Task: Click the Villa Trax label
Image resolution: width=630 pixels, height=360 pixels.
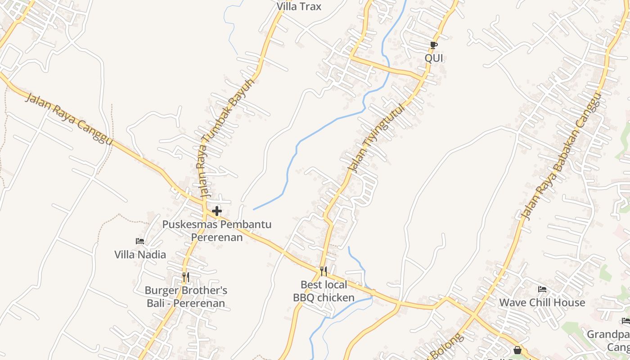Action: click(299, 6)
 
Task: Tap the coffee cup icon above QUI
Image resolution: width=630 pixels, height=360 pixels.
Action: click(433, 45)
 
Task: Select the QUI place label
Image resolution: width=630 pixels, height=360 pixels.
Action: click(434, 58)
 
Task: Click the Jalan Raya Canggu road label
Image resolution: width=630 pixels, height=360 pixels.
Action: click(68, 119)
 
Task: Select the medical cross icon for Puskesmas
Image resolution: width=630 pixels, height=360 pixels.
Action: click(217, 211)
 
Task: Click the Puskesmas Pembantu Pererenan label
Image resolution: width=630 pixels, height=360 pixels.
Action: click(217, 230)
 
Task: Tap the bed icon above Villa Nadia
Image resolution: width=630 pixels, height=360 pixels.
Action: click(140, 241)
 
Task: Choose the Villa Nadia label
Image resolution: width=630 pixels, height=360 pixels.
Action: click(140, 255)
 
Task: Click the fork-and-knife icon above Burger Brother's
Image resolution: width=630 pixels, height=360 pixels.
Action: click(186, 277)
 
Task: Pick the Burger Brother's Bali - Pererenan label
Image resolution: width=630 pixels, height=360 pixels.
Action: click(186, 297)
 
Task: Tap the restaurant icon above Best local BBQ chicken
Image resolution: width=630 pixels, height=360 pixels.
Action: click(324, 271)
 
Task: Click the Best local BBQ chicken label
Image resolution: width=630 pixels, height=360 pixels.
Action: click(324, 291)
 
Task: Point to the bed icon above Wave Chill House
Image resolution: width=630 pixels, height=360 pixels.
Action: click(542, 289)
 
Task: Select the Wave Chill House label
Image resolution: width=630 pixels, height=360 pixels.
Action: click(542, 302)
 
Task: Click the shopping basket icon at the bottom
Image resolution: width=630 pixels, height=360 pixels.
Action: click(517, 350)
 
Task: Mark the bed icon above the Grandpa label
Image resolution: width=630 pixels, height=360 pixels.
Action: click(625, 321)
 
